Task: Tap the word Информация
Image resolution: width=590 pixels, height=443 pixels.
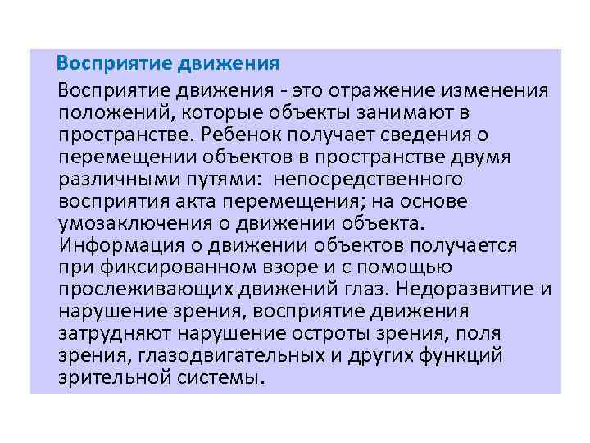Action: tap(129, 244)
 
